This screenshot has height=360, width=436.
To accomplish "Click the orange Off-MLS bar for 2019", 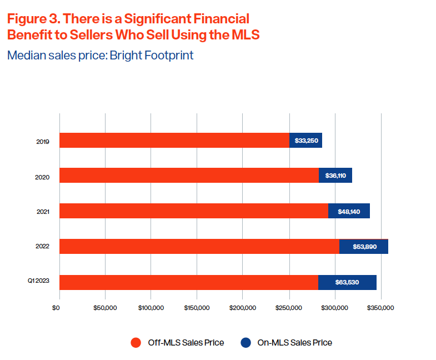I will click(174, 140).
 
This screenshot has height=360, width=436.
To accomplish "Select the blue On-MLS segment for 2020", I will click(335, 176).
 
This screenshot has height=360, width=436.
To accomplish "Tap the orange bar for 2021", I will click(193, 211).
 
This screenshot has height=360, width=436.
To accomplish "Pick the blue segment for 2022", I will click(364, 247).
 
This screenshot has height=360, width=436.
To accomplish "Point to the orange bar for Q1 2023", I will click(188, 282).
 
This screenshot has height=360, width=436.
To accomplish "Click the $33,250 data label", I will click(306, 141).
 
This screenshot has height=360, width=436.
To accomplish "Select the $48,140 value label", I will click(349, 211).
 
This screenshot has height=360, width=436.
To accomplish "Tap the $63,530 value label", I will click(347, 282).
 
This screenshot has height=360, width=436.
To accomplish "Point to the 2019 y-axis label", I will click(43, 142).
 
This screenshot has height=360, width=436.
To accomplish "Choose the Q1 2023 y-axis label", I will click(39, 281).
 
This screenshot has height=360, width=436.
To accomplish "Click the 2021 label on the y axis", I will click(43, 212).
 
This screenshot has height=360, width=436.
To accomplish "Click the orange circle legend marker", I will click(136, 343).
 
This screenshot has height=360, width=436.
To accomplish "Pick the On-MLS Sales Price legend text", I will click(294, 343).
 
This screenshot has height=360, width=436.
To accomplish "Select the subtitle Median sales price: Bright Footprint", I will click(100, 56).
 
